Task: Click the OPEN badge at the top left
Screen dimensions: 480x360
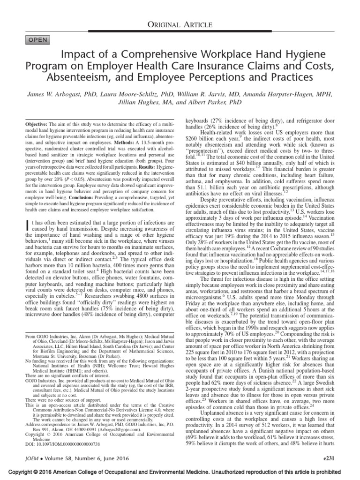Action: pos(38,40)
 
